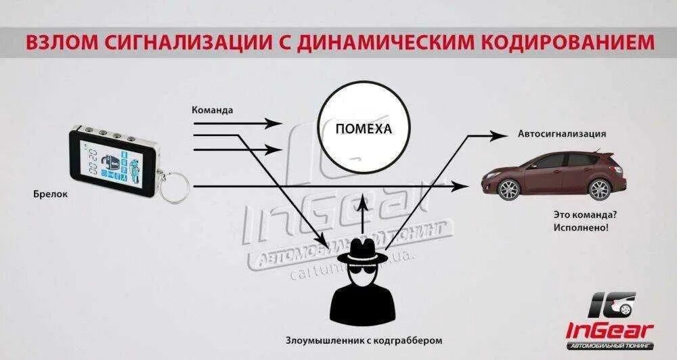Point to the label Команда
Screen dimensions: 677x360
[213, 109]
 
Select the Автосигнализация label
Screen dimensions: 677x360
[562, 134]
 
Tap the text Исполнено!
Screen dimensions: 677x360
[580, 228]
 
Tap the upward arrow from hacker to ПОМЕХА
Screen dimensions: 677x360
[365, 210]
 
